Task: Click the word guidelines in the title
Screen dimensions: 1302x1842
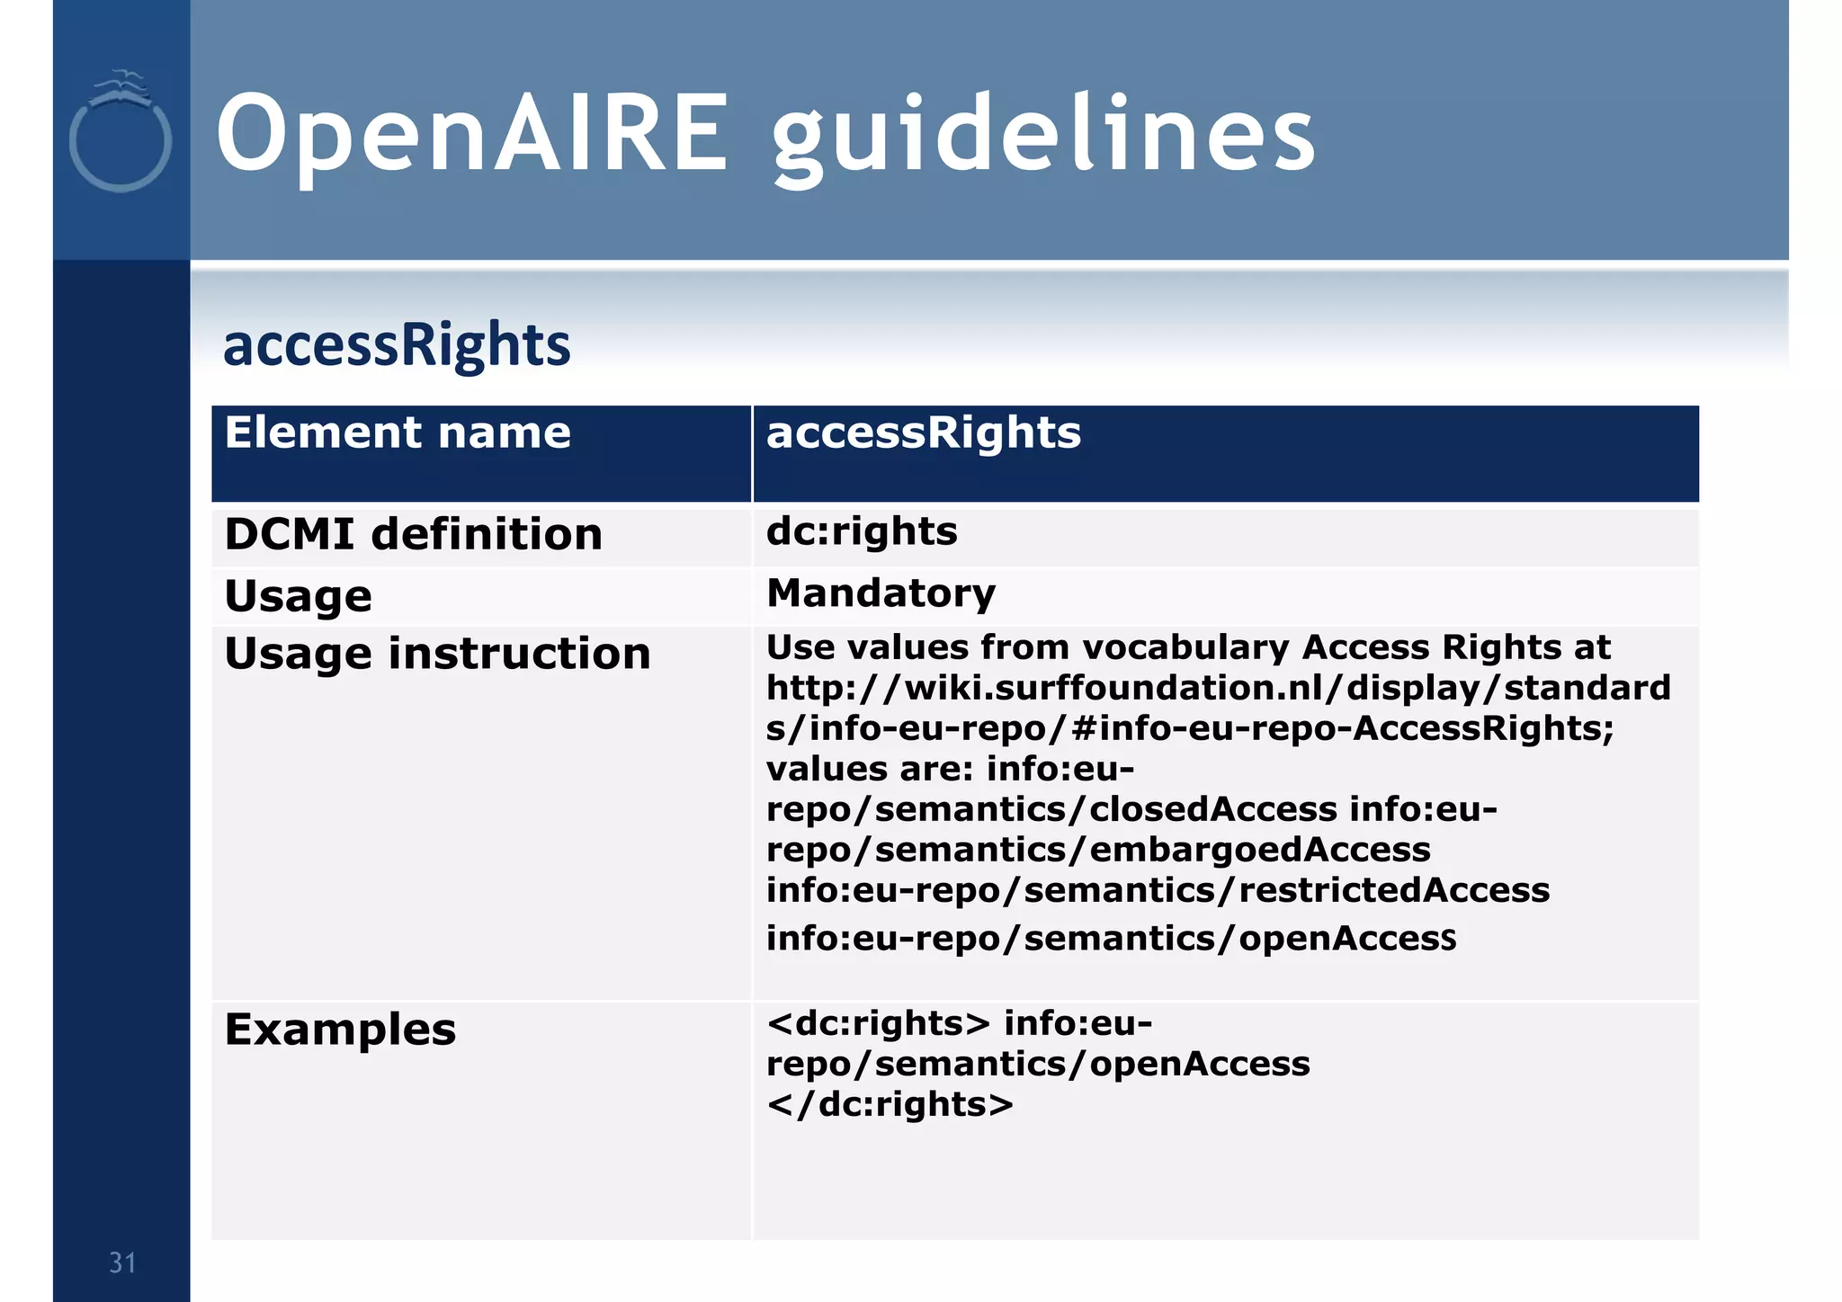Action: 1043,137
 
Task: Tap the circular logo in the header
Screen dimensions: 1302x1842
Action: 121,135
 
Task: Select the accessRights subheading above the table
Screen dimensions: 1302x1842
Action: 397,345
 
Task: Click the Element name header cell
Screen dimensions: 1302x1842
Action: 398,433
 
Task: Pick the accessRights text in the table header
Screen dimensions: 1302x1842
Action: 923,433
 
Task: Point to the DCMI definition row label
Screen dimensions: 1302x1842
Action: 413,535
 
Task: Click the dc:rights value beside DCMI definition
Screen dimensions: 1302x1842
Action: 862,532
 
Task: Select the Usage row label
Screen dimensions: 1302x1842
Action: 298,597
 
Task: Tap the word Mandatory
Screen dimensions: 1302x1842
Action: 881,594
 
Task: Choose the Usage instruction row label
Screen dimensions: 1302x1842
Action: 437,654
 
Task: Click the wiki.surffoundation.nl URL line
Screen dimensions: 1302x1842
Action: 1218,689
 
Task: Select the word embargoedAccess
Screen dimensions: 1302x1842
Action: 1260,851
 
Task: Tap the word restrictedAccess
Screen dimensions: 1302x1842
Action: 1394,891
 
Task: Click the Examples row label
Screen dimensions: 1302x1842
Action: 340,1030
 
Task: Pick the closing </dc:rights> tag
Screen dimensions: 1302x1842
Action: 890,1105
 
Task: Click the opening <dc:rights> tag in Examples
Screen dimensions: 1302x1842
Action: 878,1024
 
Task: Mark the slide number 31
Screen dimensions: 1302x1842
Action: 122,1263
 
